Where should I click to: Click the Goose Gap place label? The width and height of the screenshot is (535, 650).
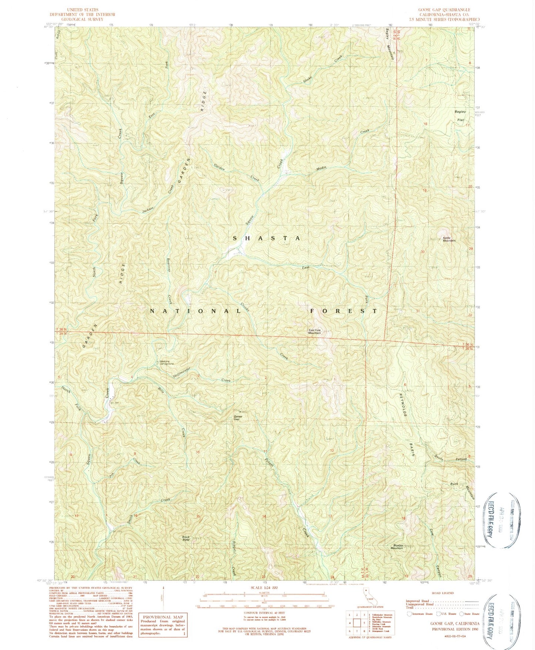pyautogui.click(x=238, y=418)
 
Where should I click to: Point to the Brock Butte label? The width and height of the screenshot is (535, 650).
pyautogui.click(x=186, y=538)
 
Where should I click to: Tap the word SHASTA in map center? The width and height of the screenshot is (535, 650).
pyautogui.click(x=266, y=239)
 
